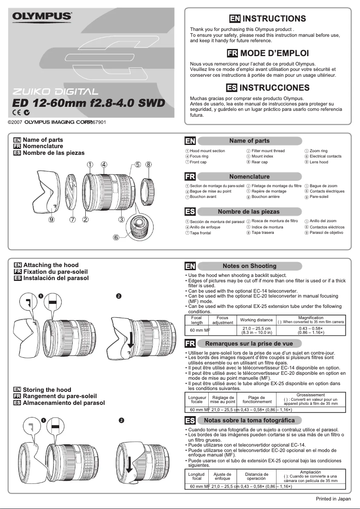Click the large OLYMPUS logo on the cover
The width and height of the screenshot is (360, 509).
point(42,17)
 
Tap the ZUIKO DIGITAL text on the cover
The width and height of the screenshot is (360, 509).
point(53,92)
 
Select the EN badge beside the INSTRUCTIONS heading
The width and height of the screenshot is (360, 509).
point(234,18)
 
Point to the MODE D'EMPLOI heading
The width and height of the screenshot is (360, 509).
point(274,53)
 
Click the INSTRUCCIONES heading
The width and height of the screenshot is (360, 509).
point(274,87)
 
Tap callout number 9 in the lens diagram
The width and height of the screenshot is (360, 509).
point(52,220)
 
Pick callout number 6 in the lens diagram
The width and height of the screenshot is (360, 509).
point(116,238)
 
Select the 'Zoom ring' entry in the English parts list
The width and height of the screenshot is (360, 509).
point(318,151)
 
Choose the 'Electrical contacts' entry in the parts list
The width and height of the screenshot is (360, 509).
point(325,156)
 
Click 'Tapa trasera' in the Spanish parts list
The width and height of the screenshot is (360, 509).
point(263,233)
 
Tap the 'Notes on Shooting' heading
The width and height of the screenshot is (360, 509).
point(249,266)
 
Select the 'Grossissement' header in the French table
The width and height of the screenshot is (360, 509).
point(311,395)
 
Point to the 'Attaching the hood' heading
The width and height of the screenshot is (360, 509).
point(51,265)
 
